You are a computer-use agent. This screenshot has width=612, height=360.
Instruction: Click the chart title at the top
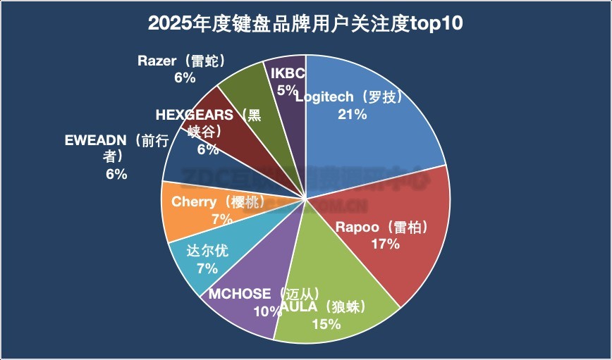coord(305,24)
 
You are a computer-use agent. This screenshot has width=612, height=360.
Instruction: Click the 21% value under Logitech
coord(352,113)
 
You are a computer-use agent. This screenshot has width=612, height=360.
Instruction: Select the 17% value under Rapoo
coord(386,244)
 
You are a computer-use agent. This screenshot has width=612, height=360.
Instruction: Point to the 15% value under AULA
coord(326,324)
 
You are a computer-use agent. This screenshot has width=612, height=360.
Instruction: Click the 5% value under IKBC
coord(287,89)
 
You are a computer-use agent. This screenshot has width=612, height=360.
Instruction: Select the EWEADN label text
coord(94,140)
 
